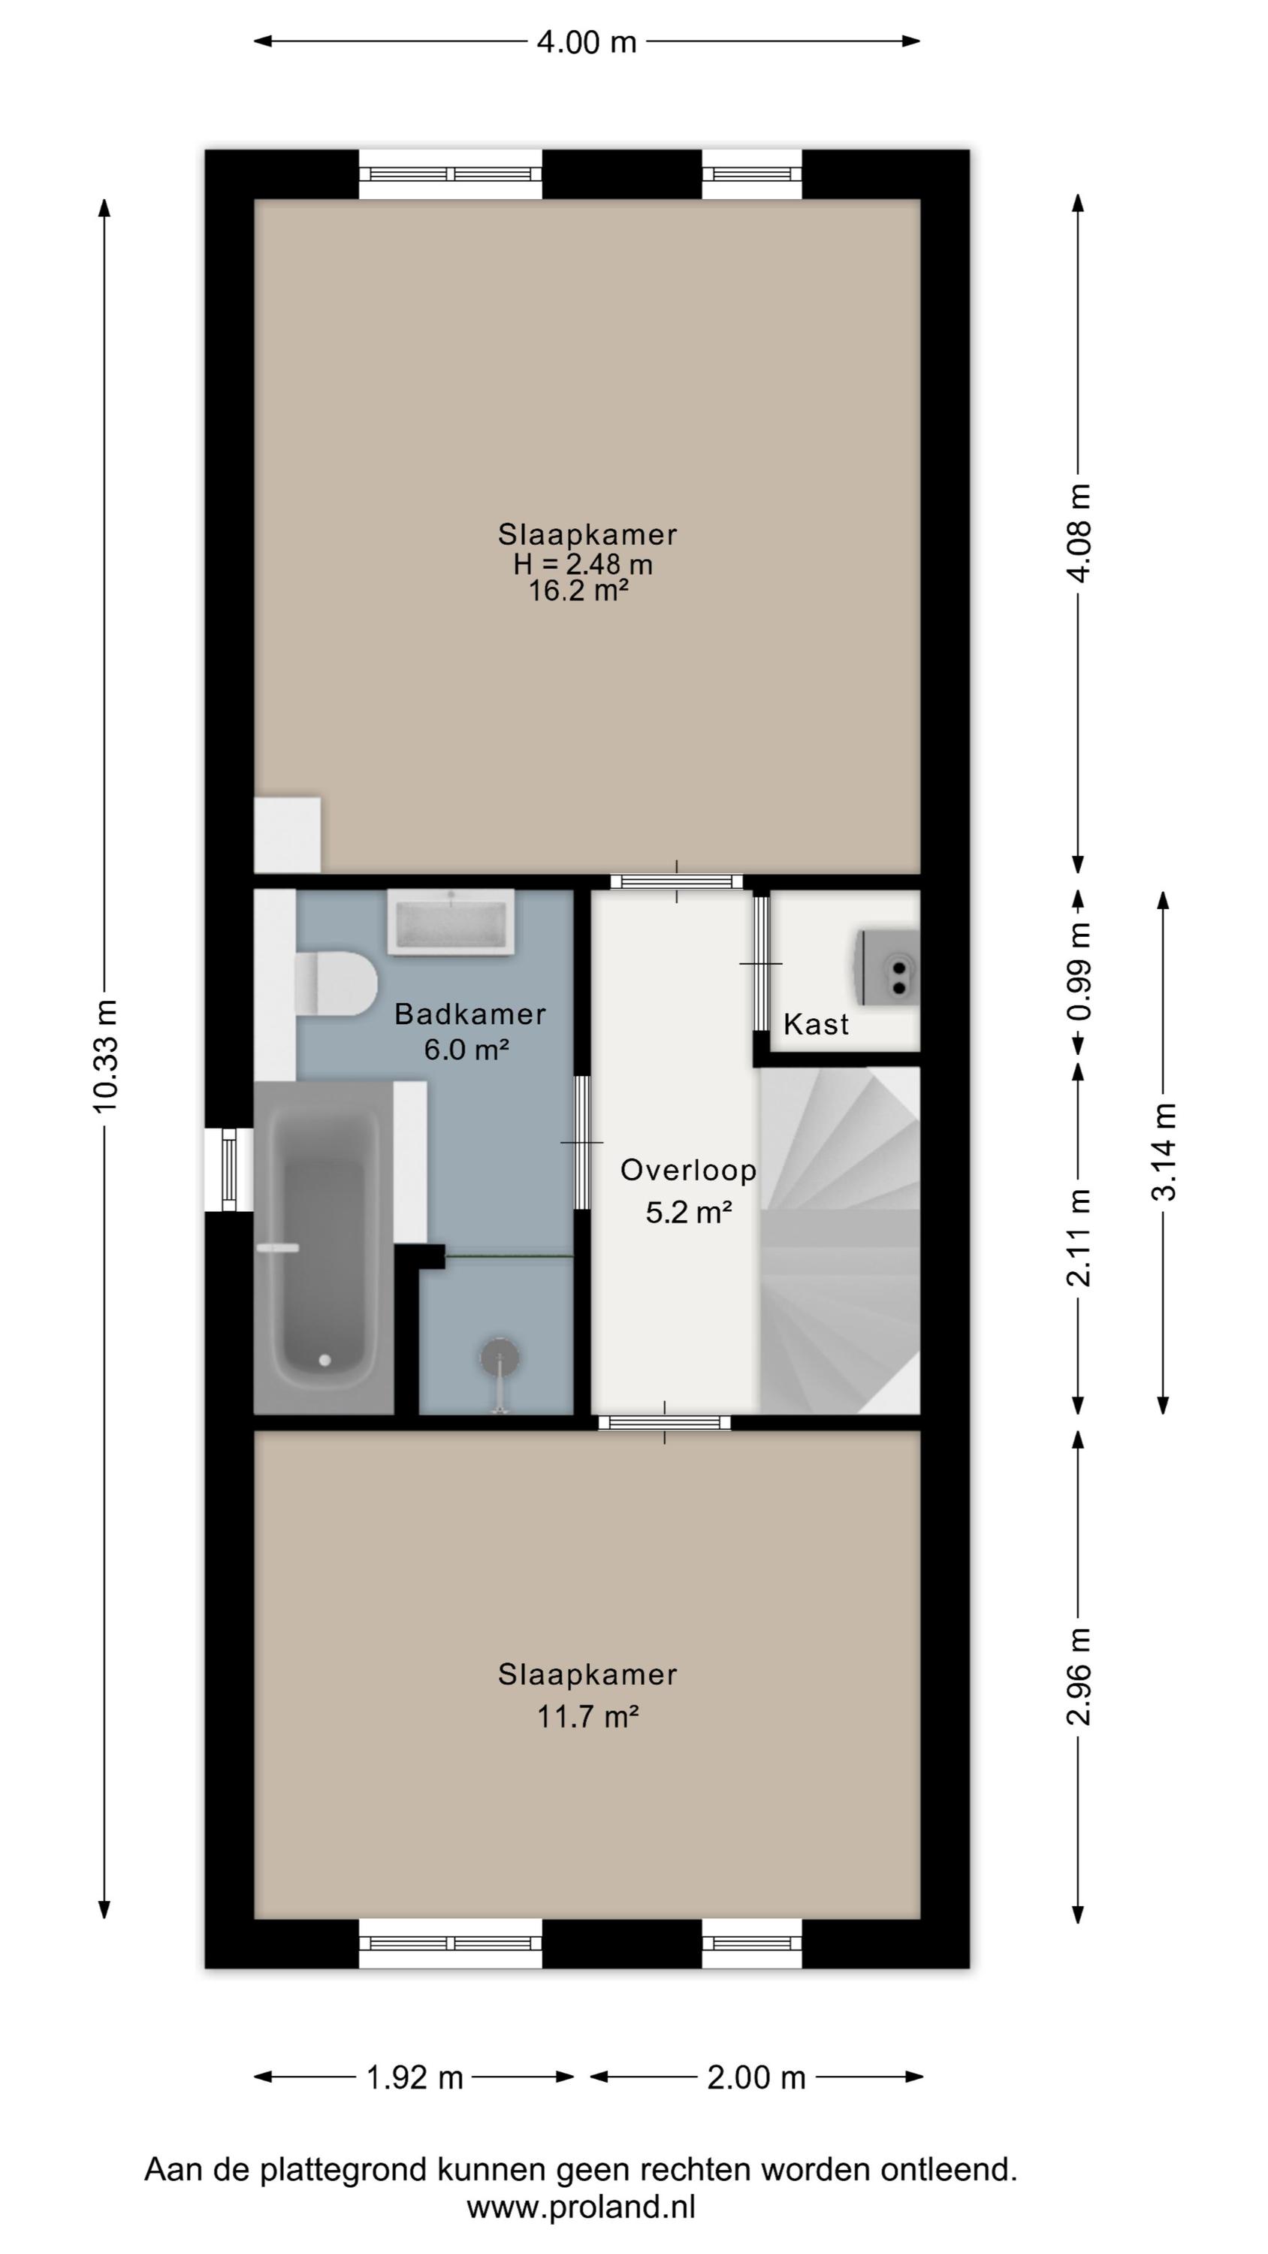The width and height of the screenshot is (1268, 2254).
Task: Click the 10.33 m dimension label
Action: point(105,1056)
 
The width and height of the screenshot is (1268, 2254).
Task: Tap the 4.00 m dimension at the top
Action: point(587,41)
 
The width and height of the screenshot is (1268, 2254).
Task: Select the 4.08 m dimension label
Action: point(1080,532)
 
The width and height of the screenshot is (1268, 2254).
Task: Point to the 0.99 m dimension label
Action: point(1080,971)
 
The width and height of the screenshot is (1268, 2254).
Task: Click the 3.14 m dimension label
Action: point(1164,1152)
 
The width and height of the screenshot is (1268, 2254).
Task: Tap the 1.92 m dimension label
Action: point(414,2077)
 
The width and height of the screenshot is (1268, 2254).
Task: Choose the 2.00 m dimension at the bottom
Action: point(756,2077)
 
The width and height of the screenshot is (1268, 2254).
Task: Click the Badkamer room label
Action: point(470,1014)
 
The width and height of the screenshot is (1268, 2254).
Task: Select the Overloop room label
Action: point(689,1171)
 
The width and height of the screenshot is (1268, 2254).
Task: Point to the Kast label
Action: point(816,1024)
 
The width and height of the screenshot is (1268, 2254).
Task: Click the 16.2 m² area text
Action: point(578,591)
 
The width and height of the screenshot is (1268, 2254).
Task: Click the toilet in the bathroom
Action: point(335,983)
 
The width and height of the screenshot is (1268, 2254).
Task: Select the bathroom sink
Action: point(451,922)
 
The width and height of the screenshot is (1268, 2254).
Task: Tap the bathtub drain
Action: point(325,1361)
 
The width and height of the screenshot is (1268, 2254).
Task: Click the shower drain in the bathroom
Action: point(500,1358)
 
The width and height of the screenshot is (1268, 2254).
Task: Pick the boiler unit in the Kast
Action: point(889,968)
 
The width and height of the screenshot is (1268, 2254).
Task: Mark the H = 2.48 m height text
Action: point(583,563)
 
